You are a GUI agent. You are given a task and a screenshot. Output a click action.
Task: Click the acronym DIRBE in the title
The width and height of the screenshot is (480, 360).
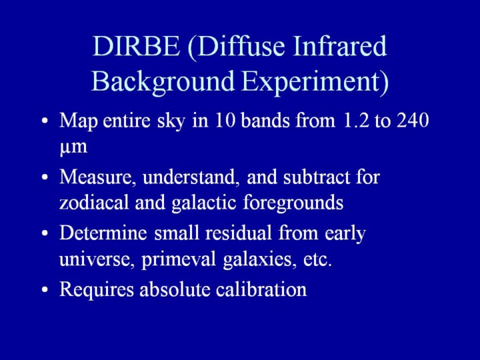[x=136, y=46]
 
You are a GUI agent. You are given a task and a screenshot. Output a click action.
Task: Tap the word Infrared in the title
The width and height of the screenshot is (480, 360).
[x=340, y=46]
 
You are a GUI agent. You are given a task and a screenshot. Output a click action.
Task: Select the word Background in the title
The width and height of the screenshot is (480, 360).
[x=163, y=81]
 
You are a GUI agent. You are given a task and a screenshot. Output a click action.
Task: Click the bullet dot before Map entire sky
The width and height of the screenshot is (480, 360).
[x=45, y=121]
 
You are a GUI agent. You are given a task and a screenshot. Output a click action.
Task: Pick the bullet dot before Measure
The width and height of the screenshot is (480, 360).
[x=45, y=177]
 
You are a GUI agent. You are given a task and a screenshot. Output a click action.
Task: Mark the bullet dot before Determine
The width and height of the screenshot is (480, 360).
[x=45, y=233]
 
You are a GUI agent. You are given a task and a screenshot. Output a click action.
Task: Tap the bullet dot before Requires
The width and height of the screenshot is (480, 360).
[x=45, y=289]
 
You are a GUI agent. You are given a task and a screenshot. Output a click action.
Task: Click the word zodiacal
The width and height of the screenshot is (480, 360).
[x=94, y=203]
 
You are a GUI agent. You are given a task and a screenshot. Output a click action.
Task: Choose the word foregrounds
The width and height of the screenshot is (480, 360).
[x=293, y=203]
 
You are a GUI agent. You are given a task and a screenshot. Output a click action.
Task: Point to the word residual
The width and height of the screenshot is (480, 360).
[x=239, y=233]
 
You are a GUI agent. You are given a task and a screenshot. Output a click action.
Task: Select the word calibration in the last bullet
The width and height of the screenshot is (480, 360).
[x=261, y=289]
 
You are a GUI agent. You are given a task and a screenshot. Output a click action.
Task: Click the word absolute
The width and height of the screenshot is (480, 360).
[x=175, y=289]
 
